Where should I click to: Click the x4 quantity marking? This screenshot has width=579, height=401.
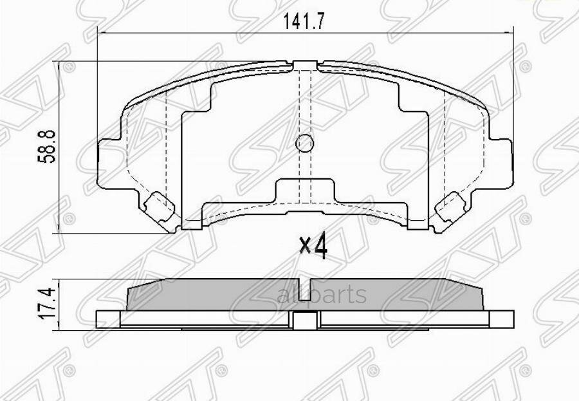click(314, 245)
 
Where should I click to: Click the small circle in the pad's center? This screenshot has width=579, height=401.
click(305, 144)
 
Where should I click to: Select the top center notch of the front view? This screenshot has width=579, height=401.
click(305, 64)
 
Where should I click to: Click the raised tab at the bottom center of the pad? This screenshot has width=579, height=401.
click(305, 191)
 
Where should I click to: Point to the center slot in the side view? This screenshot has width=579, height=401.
click(305, 320)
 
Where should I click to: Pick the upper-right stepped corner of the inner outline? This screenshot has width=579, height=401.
click(412, 103)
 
